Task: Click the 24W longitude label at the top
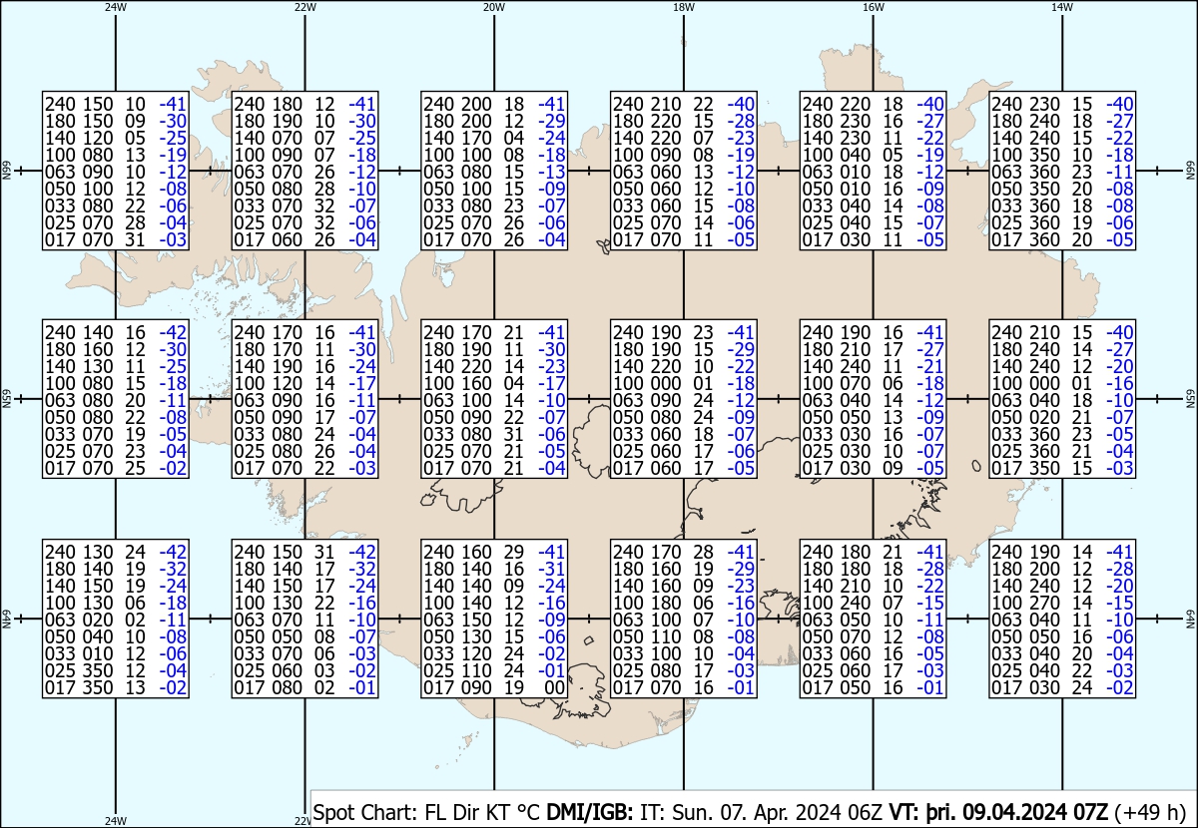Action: (116, 7)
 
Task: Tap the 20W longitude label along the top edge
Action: (493, 7)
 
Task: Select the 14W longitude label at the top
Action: (1061, 7)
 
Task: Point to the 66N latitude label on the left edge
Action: (6, 172)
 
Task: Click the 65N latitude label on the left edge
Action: (6, 399)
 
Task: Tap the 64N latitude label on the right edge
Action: (1190, 620)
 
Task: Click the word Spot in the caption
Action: (336, 812)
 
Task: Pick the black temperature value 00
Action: (554, 687)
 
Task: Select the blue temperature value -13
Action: (552, 172)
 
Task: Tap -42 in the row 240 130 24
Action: (174, 552)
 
